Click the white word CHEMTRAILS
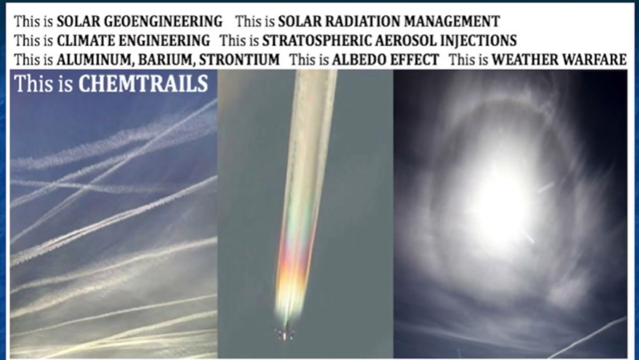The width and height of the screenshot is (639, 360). click(143, 84)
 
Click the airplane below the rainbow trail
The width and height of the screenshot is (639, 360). click(285, 335)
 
